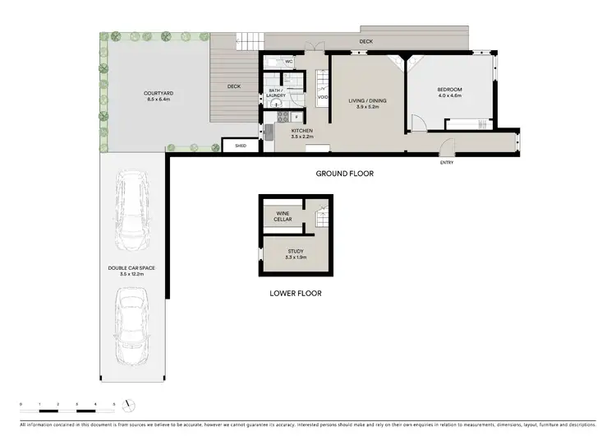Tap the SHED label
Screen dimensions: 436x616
241,146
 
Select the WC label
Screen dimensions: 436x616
289,62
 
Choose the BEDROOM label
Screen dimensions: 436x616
449,90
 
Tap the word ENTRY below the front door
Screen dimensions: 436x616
446,162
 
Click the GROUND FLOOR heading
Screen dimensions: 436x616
345,174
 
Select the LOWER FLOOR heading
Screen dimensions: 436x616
295,293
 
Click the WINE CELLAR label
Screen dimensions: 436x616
283,216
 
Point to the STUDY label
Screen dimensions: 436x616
296,251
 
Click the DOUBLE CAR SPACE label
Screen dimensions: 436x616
131,269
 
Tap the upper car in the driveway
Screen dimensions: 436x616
131,210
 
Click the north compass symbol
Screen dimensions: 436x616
127,405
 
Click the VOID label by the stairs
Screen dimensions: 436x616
323,97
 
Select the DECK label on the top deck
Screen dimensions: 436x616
365,39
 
